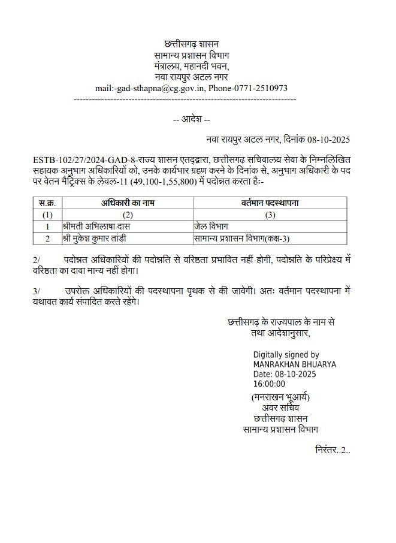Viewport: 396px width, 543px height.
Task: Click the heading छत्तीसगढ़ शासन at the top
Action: [191, 44]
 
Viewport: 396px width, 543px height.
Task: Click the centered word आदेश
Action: [191, 119]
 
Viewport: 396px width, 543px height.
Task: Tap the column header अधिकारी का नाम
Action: [126, 203]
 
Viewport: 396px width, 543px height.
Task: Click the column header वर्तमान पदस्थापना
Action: [270, 203]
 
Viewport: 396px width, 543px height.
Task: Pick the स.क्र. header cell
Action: [47, 203]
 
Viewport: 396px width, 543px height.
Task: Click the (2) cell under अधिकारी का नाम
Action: [126, 215]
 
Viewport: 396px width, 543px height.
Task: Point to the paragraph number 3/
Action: [37, 290]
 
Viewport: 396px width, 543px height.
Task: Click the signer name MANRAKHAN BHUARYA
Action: [294, 364]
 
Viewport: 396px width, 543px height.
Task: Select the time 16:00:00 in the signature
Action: [269, 384]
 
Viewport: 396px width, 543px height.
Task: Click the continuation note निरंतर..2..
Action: [332, 449]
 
